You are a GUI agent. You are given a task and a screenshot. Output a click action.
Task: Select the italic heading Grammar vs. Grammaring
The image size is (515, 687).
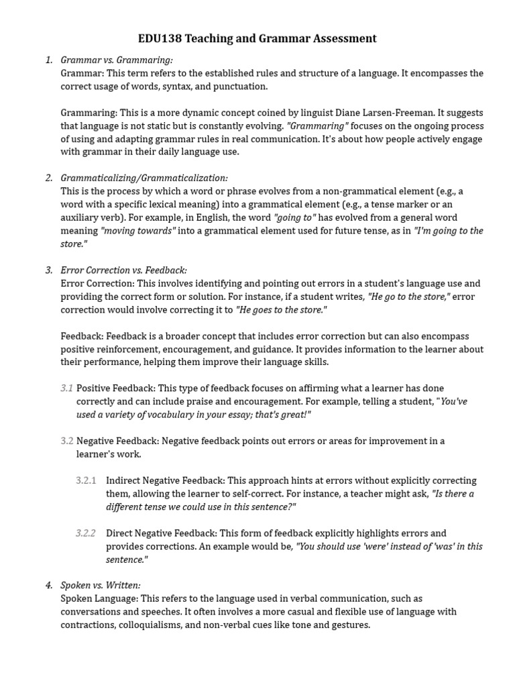click(117, 60)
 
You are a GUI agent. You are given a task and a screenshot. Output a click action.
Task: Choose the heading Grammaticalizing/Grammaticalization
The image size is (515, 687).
click(144, 178)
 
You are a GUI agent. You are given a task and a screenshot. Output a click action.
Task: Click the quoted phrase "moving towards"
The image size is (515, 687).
click(137, 231)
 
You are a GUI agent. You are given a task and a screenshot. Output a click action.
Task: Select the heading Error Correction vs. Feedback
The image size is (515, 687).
click(124, 270)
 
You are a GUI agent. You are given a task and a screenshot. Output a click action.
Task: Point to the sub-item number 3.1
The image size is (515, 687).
click(66, 388)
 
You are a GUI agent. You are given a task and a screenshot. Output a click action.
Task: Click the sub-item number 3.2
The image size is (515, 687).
click(66, 441)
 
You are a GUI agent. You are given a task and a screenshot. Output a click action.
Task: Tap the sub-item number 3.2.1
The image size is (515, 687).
click(86, 480)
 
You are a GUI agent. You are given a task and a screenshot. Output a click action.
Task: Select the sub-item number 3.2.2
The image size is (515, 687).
click(86, 533)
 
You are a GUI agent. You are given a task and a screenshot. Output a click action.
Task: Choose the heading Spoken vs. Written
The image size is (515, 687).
click(101, 585)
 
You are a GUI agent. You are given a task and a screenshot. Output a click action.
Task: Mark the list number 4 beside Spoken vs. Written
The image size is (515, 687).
click(48, 585)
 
